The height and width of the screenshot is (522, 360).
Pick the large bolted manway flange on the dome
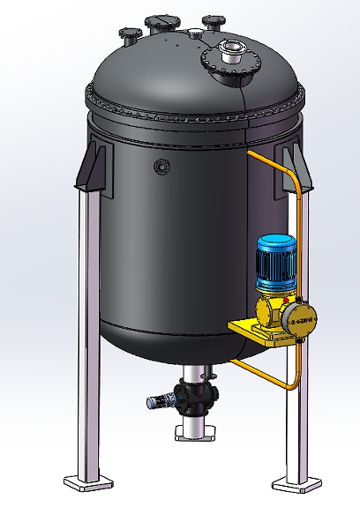(x=231, y=66)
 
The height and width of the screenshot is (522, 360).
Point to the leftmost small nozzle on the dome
(x=131, y=36)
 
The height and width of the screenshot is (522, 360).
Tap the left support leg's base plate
(x=89, y=481)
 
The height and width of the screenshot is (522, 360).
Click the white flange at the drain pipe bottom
(x=193, y=432)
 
